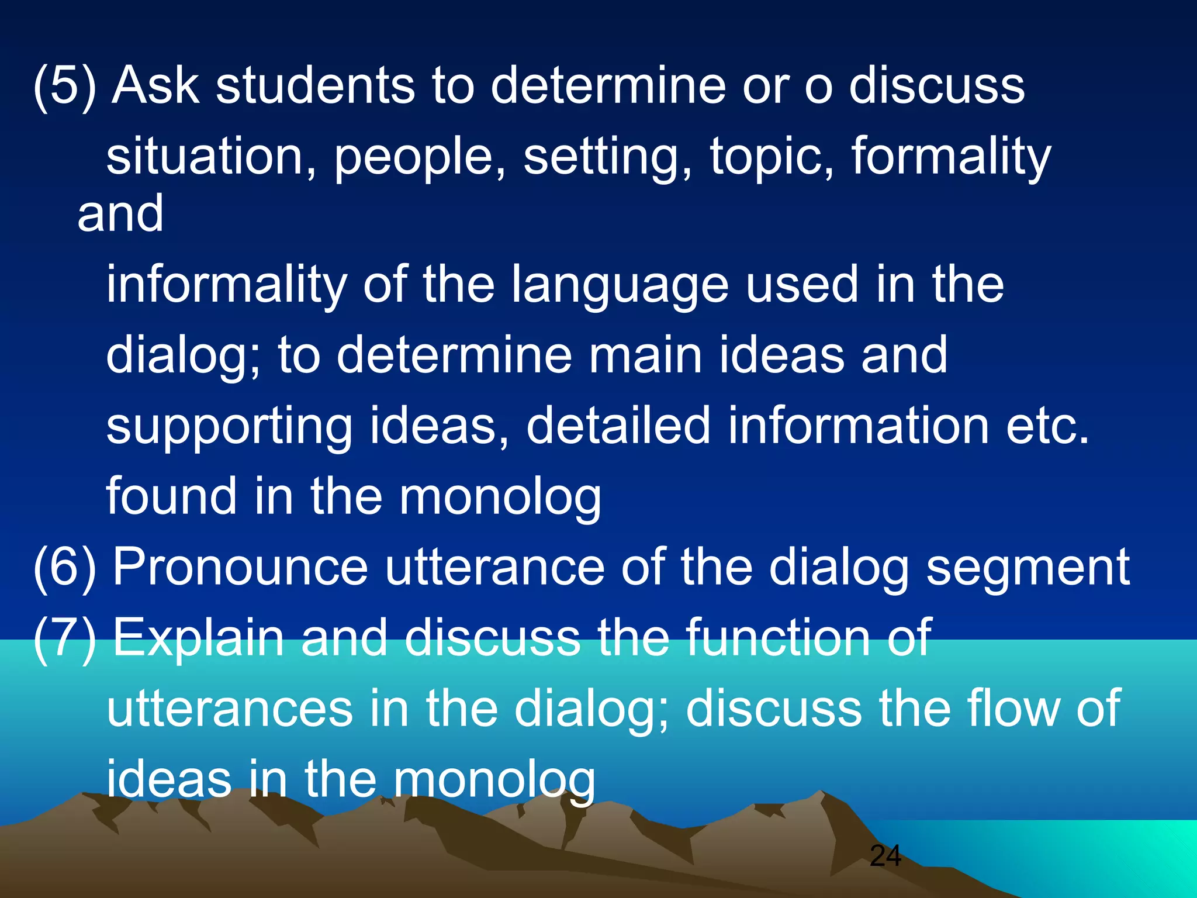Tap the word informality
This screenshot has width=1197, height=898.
pos(227,285)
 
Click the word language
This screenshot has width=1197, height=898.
pos(620,288)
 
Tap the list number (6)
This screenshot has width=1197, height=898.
pos(64,567)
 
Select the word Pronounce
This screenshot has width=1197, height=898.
pos(240,567)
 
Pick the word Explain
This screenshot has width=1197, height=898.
pos(198,638)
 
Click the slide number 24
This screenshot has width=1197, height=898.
pos(885,856)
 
